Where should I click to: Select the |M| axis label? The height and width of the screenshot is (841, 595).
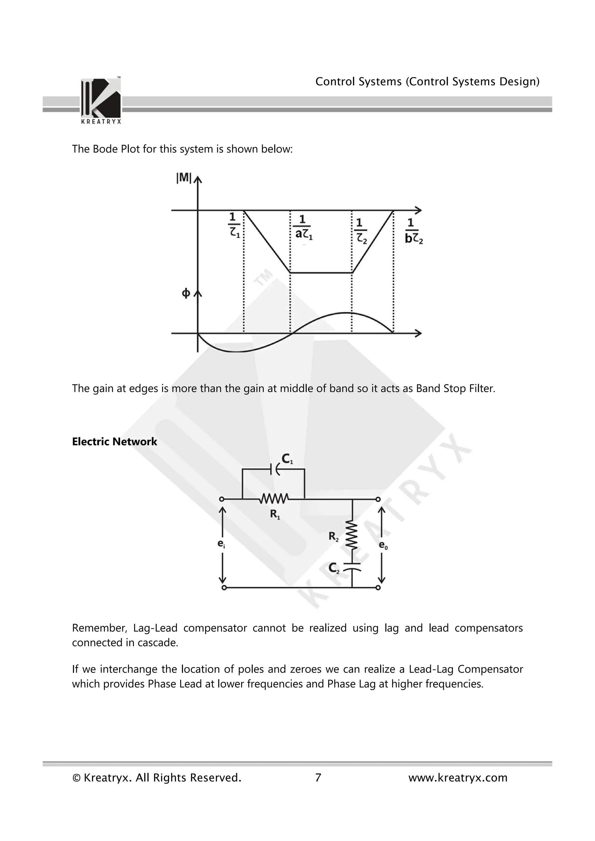coord(184,178)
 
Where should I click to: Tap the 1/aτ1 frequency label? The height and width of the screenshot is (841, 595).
coord(303,228)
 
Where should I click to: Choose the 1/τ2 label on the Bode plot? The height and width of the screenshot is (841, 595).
coord(361,231)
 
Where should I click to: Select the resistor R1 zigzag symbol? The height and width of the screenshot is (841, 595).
coord(274,499)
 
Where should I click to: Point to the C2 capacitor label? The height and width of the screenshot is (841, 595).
coord(334,568)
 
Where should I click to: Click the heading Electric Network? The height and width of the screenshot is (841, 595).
coord(114,442)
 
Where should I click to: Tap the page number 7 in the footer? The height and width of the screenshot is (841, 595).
coord(318,778)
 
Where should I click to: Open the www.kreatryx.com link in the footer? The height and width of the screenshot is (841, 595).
coord(458,778)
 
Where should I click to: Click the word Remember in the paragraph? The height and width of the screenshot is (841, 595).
coord(99,628)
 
